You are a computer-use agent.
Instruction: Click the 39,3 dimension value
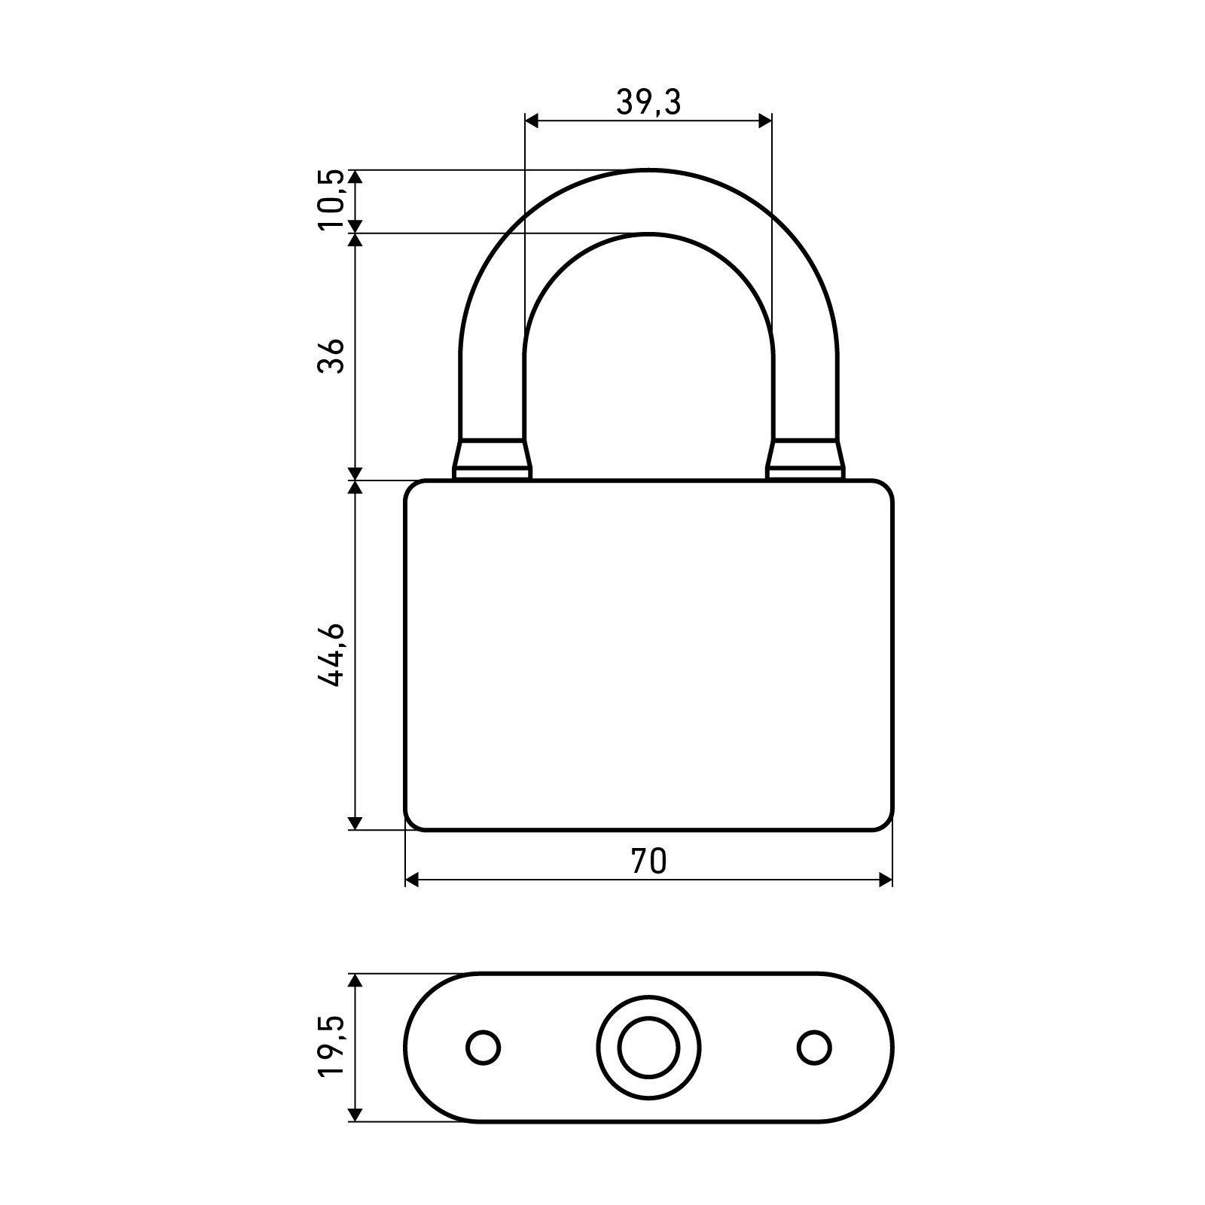(648, 102)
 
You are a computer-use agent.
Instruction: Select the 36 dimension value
(331, 355)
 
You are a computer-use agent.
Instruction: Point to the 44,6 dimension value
(331, 654)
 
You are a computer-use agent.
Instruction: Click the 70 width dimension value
(648, 862)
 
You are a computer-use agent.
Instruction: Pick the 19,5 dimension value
(331, 1048)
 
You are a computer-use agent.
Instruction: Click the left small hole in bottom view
(484, 1048)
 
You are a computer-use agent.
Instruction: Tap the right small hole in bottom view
(814, 1048)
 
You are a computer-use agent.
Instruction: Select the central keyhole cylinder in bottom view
(648, 1048)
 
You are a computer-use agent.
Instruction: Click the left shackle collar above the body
(492, 459)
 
